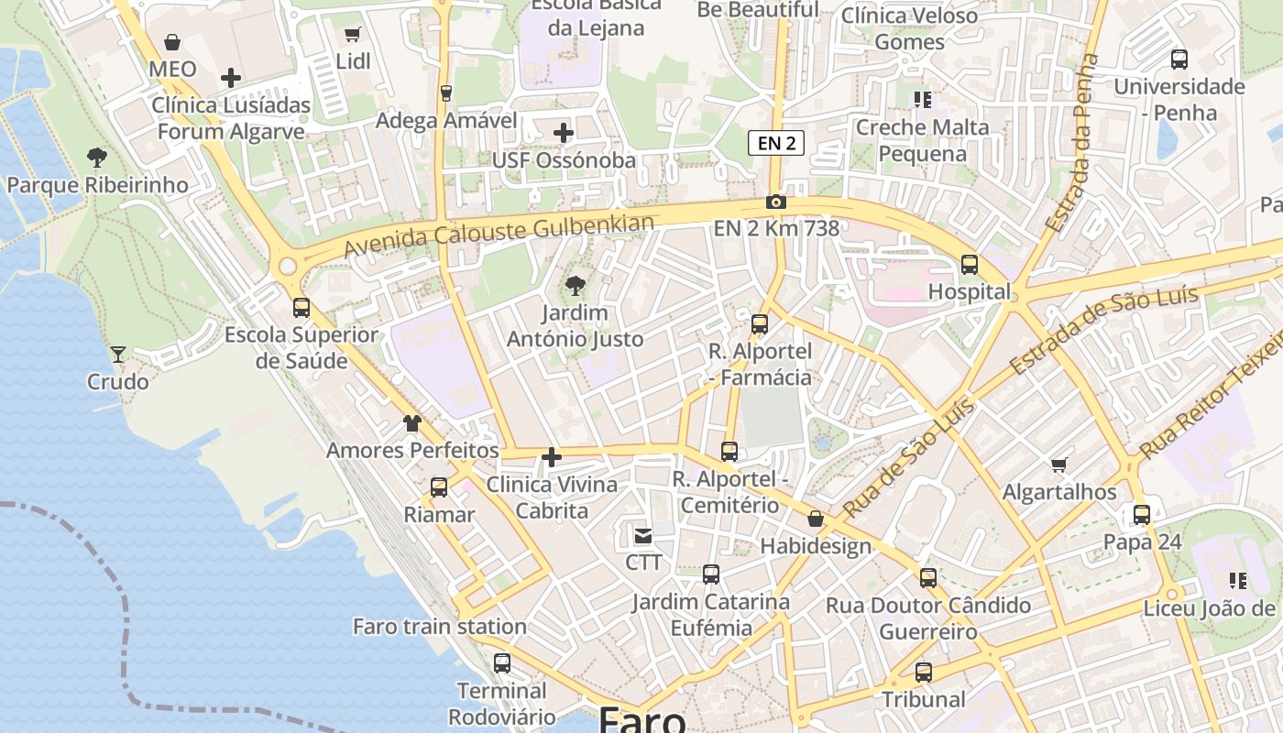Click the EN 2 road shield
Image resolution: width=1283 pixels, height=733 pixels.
pos(776,143)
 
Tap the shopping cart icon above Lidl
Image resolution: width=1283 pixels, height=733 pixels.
pos(352,35)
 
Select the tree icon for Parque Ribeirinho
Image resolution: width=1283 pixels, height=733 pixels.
pos(97,158)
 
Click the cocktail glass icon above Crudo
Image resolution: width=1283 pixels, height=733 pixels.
pos(118,354)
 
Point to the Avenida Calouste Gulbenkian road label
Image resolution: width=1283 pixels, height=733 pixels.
pos(499,235)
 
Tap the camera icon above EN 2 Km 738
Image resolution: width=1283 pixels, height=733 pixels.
pos(776,202)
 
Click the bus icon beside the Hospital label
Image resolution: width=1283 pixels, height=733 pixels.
pos(970,265)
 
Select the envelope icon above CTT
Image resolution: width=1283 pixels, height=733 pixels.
pos(643,535)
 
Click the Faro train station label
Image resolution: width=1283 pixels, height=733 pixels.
pos(440,627)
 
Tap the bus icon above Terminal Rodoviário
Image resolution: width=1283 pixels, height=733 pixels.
pos(502,663)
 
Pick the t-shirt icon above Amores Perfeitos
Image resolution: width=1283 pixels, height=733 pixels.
pos(412,423)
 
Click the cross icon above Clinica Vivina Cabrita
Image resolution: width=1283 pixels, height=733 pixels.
pos(552,456)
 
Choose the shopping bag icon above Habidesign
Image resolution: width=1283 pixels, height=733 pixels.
pos(816,520)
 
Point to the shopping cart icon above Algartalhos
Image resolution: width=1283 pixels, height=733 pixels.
pos(1059,465)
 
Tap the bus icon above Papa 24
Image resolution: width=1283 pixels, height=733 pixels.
pos(1142,514)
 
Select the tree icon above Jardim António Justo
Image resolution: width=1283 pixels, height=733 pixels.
pos(576,286)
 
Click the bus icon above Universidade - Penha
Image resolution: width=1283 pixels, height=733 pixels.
pos(1179,60)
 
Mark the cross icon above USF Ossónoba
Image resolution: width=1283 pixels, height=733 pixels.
pos(564,134)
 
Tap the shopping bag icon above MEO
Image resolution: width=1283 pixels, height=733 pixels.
pos(172,42)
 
